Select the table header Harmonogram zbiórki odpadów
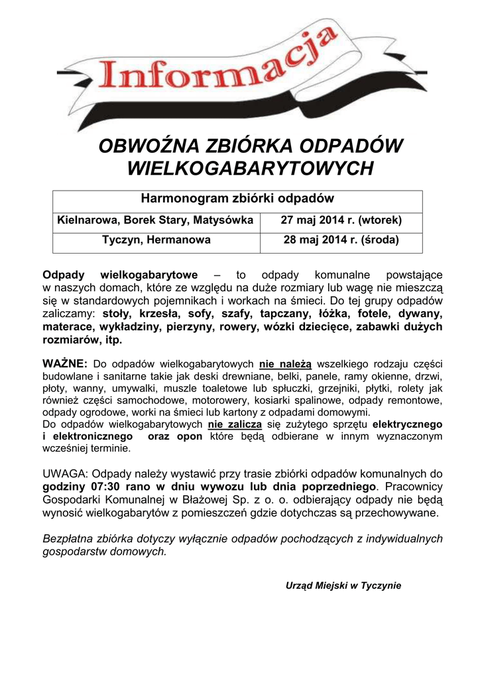pyautogui.click(x=237, y=199)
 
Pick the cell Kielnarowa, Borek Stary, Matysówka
pyautogui.click(x=156, y=220)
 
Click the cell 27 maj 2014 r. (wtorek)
pyautogui.click(x=341, y=220)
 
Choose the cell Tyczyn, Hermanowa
pyautogui.click(x=156, y=240)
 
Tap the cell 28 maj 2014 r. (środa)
pyautogui.click(x=341, y=240)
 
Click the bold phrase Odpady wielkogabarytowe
pyautogui.click(x=120, y=275)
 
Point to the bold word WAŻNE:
pyautogui.click(x=65, y=363)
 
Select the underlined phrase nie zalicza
pyautogui.click(x=235, y=424)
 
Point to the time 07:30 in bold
pyautogui.click(x=102, y=487)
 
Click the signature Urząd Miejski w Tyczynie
pyautogui.click(x=343, y=586)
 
